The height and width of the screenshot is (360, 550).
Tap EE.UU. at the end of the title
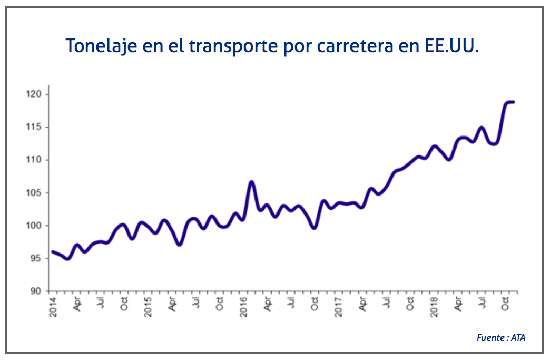[x=451, y=46]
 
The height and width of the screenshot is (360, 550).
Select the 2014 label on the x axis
[x=53, y=307]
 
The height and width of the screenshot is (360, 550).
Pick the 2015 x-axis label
[x=149, y=307]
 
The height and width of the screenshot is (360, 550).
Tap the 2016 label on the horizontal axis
[x=244, y=307]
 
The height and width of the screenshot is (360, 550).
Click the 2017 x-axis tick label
[x=339, y=307]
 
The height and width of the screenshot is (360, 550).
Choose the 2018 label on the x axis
[x=434, y=307]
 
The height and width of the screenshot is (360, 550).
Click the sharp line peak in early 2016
[x=252, y=182]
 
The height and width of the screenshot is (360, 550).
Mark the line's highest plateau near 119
[x=509, y=102]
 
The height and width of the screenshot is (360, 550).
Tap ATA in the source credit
[x=518, y=337]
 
